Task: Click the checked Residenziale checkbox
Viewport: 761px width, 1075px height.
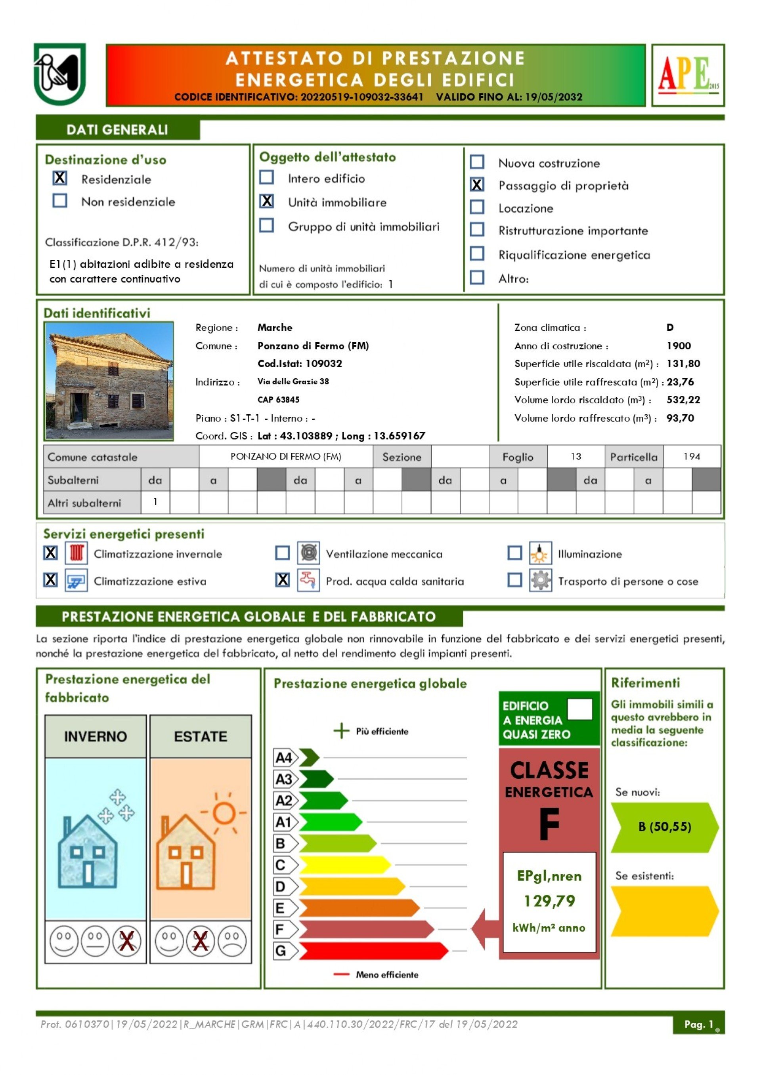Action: [x=60, y=178]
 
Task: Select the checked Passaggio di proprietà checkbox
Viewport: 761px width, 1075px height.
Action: [x=477, y=185]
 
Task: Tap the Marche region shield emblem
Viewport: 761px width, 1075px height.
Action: [x=59, y=74]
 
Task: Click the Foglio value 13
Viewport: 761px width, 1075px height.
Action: [x=576, y=457]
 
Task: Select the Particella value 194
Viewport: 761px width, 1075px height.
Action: [x=692, y=457]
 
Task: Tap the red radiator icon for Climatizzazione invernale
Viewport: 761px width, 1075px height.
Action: [x=76, y=553]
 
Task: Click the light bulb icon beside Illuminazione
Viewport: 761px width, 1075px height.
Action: [x=540, y=553]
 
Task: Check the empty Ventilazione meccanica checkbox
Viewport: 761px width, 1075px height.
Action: [x=282, y=553]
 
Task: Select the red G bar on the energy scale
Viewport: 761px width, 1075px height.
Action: [x=373, y=951]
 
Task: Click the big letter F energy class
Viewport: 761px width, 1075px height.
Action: [x=549, y=824]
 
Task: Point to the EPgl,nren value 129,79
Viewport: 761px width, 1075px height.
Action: [x=549, y=901]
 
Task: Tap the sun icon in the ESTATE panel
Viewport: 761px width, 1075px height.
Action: [x=224, y=813]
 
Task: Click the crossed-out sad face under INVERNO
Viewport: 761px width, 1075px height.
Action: [x=126, y=941]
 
